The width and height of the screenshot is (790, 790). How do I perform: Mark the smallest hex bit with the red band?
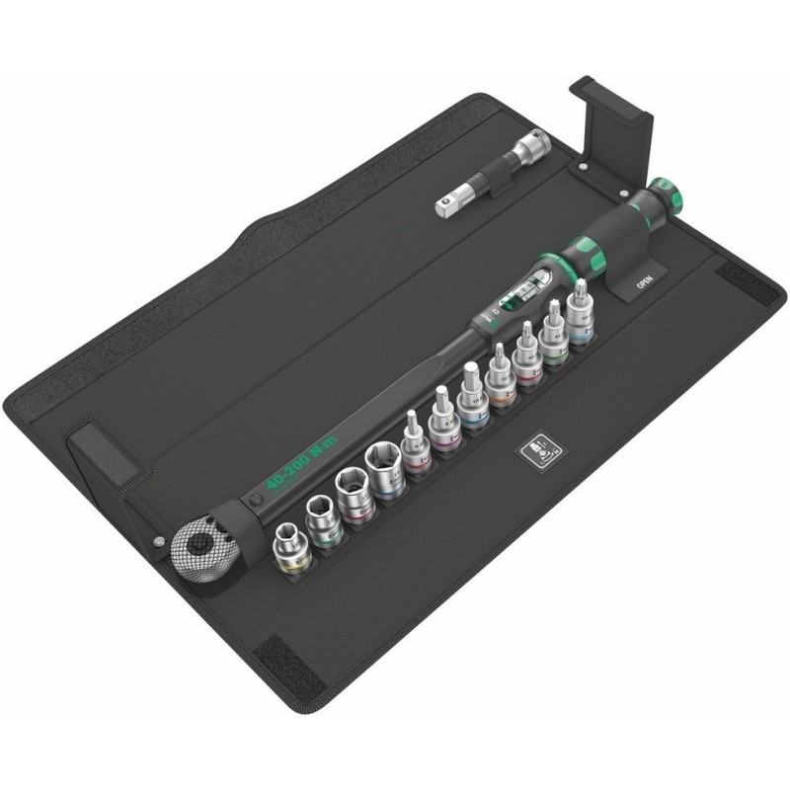[x=411, y=448]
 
